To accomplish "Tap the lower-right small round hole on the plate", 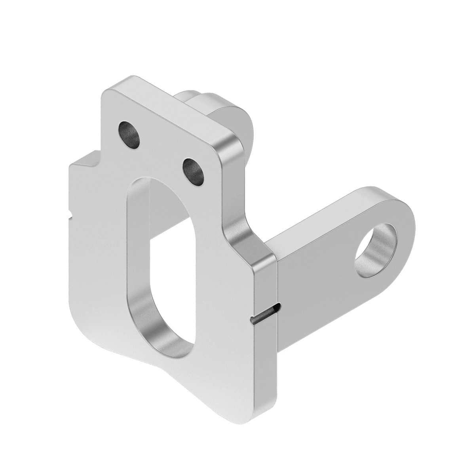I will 194,171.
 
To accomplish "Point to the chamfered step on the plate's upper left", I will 85,162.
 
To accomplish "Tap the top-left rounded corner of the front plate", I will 109,89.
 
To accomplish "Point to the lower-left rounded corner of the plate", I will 79,317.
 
